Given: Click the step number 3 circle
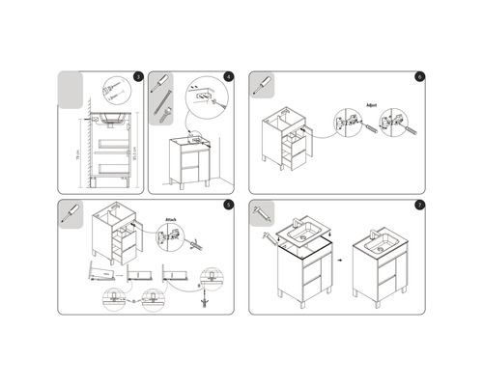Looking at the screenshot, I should click(x=138, y=76).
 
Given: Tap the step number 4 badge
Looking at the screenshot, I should click(x=229, y=76).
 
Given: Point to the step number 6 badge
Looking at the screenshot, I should click(x=419, y=76).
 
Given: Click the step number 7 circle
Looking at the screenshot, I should click(x=419, y=206).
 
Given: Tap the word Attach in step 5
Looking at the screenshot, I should click(x=174, y=219).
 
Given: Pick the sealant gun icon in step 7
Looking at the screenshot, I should click(x=261, y=210).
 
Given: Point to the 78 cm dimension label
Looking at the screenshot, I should click(x=77, y=152).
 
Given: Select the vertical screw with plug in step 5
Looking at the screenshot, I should click(x=203, y=294).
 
